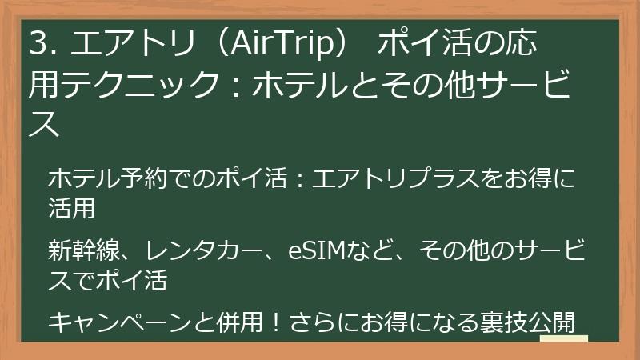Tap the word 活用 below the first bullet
72,209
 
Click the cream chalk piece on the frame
564,338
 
